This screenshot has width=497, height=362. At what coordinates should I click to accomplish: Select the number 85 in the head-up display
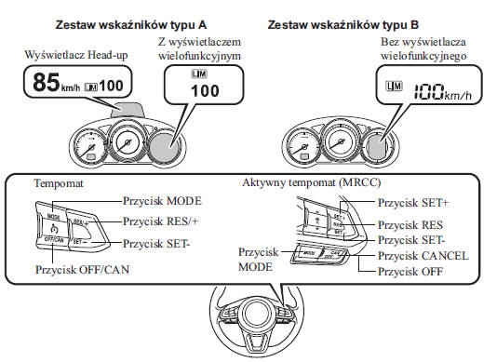46,85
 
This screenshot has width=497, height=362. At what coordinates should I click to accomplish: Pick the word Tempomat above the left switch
59,184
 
